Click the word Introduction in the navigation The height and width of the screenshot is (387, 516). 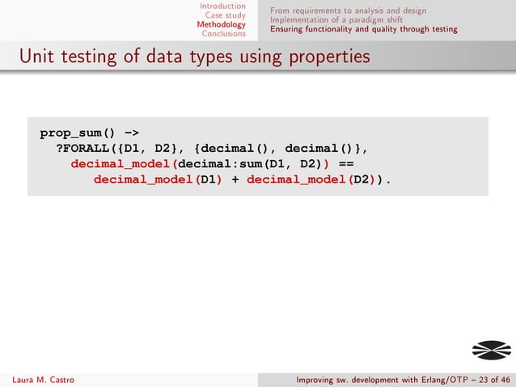click(222, 6)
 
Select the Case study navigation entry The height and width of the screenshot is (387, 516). click(226, 15)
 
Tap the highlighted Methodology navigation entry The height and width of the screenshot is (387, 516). click(221, 24)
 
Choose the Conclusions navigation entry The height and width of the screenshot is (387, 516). click(224, 34)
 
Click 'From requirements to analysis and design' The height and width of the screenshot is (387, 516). click(349, 11)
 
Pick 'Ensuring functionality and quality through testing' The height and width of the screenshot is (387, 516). click(364, 30)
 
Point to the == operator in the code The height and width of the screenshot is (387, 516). click(359, 163)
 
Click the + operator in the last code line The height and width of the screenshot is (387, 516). click(235, 179)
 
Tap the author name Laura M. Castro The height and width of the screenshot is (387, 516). click(40, 380)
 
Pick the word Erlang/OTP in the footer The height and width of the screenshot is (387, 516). click(425, 380)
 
